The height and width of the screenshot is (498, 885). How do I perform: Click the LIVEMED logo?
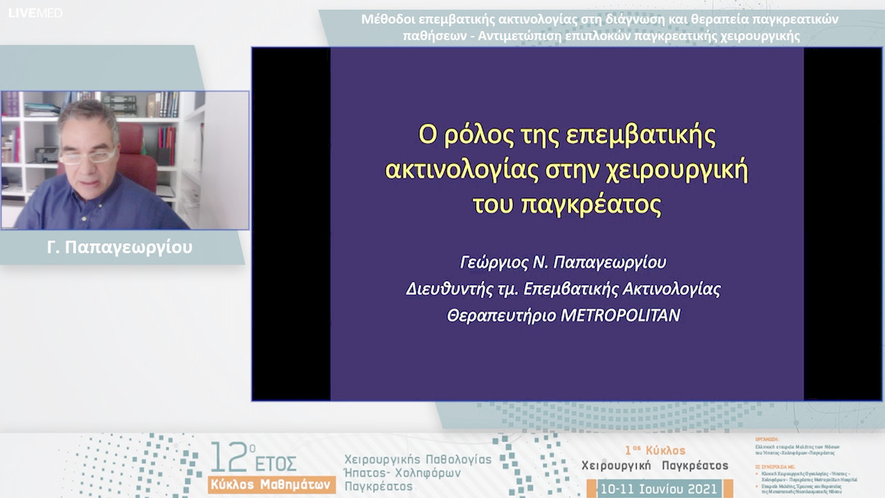[x=35, y=13]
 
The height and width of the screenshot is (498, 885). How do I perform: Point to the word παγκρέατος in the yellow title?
[x=590, y=204]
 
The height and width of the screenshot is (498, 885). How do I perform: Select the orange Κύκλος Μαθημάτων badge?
[x=271, y=484]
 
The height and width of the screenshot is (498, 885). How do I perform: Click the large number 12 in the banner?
[x=227, y=457]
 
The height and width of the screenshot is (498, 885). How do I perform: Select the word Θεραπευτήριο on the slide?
[x=501, y=315]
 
